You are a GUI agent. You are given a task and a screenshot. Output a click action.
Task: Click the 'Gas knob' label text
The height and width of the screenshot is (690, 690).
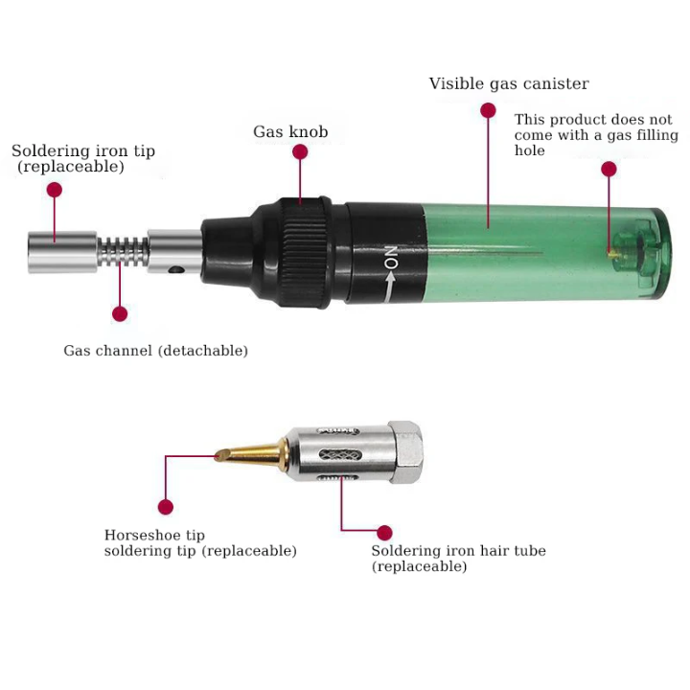point(290,131)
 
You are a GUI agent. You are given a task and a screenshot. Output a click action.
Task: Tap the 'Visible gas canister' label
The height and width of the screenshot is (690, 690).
point(509,83)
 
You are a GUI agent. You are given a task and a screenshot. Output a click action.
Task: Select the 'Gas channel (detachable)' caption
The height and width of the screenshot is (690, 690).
point(156,351)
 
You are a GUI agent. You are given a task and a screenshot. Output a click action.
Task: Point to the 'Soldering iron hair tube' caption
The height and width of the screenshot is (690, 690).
point(458,550)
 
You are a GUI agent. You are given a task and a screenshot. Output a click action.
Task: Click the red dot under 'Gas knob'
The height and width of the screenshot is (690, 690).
point(300,151)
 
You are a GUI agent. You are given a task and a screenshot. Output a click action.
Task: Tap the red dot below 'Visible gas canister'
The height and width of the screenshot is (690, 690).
point(488,110)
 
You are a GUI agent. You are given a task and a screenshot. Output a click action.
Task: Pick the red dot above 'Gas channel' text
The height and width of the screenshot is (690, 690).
point(120,314)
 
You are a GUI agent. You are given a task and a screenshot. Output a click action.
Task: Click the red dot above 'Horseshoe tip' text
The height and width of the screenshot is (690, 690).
point(166,507)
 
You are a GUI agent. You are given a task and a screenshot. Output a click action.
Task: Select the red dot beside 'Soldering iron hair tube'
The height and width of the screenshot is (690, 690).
point(384,533)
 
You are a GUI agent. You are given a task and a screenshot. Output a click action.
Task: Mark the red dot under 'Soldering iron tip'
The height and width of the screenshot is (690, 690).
point(55,190)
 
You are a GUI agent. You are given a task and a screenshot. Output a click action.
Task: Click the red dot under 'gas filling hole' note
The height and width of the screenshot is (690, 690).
point(609,169)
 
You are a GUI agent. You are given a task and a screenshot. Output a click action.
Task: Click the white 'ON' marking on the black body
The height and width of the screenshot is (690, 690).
point(391,258)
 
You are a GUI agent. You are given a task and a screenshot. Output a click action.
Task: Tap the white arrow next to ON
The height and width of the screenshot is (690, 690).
point(389,287)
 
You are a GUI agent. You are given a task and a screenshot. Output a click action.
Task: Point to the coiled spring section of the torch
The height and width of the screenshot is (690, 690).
point(123,252)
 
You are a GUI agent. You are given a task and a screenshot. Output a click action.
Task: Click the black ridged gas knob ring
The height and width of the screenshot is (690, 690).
point(305,252)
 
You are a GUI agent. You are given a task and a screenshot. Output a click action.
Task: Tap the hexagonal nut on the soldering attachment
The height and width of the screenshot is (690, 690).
point(405,452)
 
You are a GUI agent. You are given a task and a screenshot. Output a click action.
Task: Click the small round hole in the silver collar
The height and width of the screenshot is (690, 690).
point(177,269)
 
